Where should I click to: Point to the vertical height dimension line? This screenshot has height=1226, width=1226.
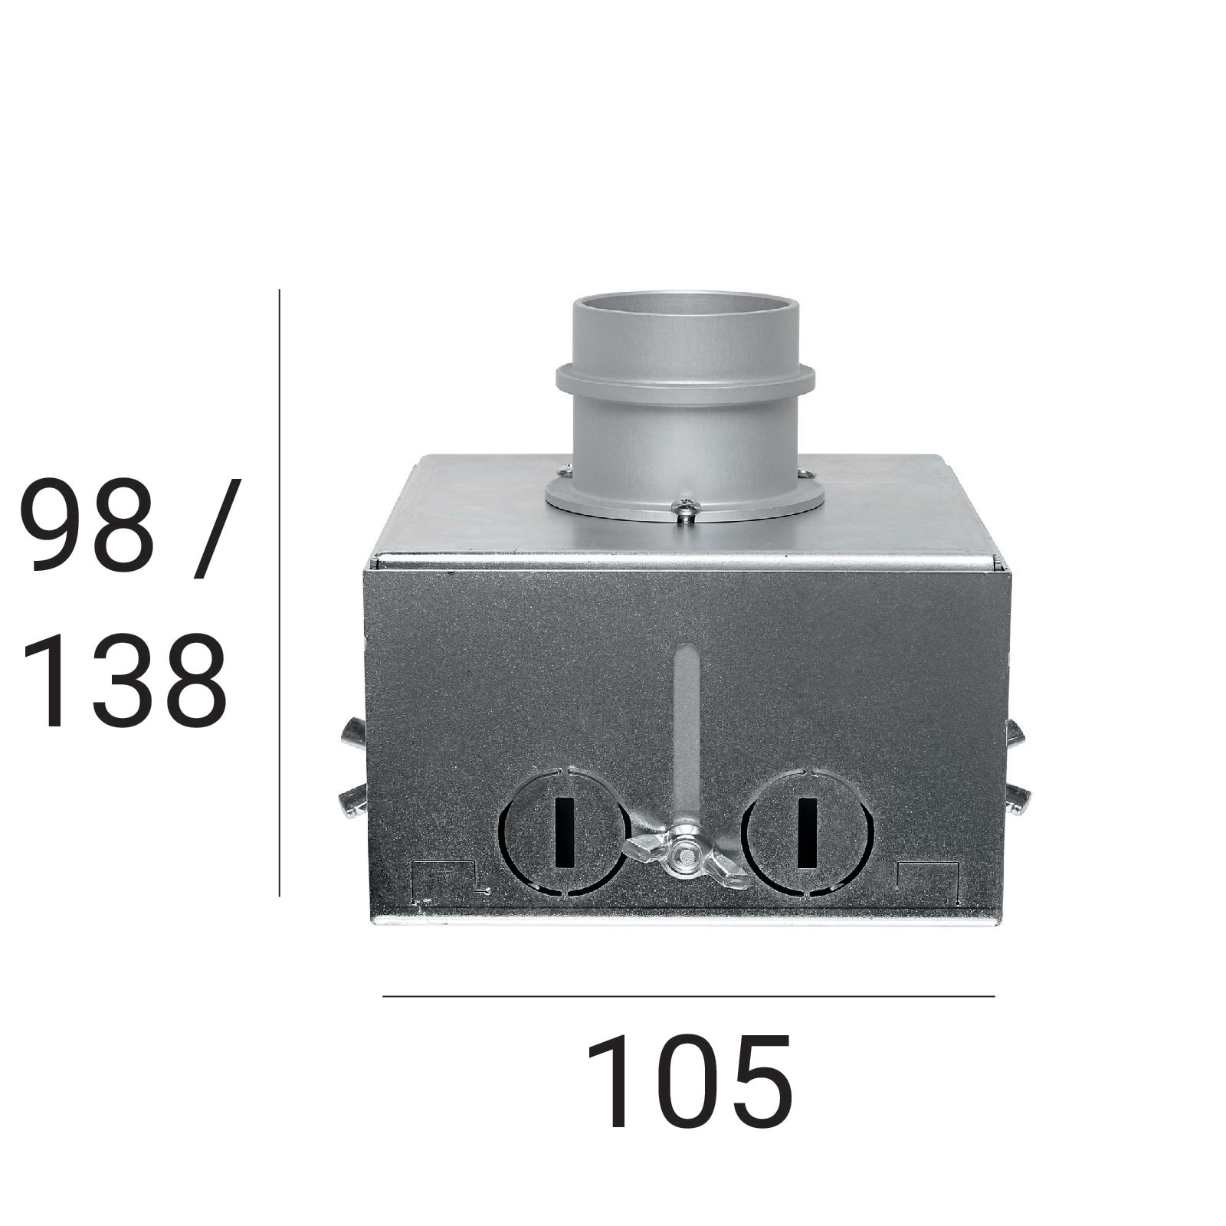280,592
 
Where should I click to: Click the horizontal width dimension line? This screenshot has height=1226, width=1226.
689,996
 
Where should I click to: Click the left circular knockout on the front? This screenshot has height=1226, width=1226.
565,831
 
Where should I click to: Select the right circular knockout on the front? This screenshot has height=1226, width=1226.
807,831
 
